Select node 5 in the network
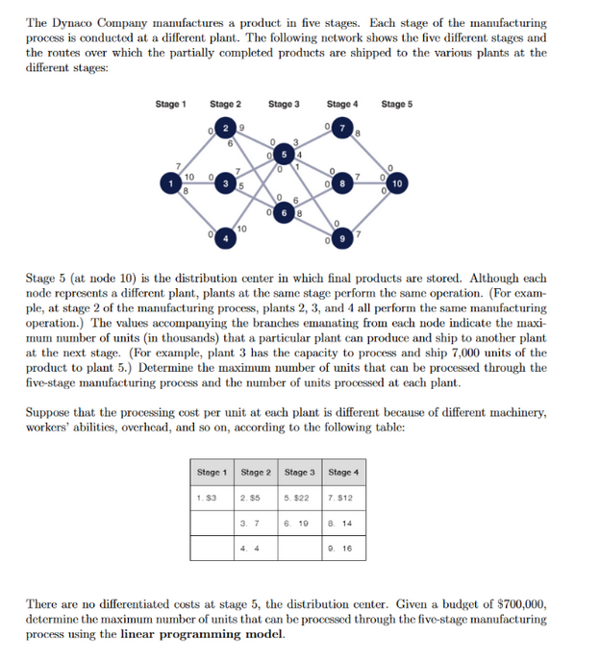pyautogui.click(x=286, y=155)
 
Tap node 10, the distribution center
pyautogui.click(x=398, y=182)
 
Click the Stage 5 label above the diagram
pyautogui.click(x=396, y=104)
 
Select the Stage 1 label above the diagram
pyautogui.click(x=170, y=104)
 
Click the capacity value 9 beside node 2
pyautogui.click(x=240, y=125)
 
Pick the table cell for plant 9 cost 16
pyautogui.click(x=342, y=548)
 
